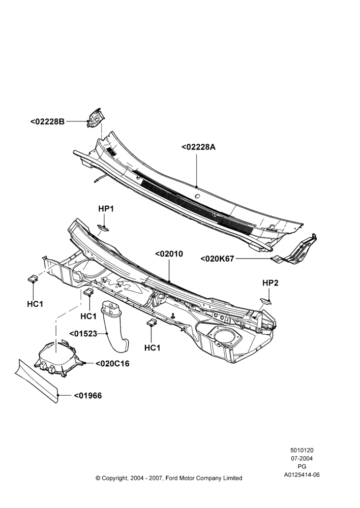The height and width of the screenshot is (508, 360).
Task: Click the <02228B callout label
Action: tap(47, 122)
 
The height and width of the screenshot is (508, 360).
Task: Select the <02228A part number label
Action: tap(198, 147)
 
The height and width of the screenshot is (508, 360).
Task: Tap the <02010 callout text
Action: tap(169, 254)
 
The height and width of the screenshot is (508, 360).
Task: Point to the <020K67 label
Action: tap(217, 259)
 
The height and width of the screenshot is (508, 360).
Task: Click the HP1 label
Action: tap(106, 209)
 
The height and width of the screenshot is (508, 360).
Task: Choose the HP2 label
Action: tap(270, 283)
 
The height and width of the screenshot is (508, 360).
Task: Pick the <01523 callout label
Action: tap(83, 333)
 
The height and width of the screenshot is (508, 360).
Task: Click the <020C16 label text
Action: tap(112, 364)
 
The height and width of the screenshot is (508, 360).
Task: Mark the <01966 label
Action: tap(87, 396)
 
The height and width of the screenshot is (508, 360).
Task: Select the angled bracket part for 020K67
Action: tap(296, 250)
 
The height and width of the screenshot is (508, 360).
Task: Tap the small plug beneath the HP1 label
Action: tap(103, 228)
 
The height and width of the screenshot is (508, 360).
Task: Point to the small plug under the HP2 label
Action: tap(265, 301)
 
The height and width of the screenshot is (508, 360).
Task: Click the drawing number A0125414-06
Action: tap(302, 475)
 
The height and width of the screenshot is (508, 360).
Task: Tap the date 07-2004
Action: tap(302, 458)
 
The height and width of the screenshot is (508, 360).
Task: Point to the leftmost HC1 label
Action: tap(35, 304)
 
